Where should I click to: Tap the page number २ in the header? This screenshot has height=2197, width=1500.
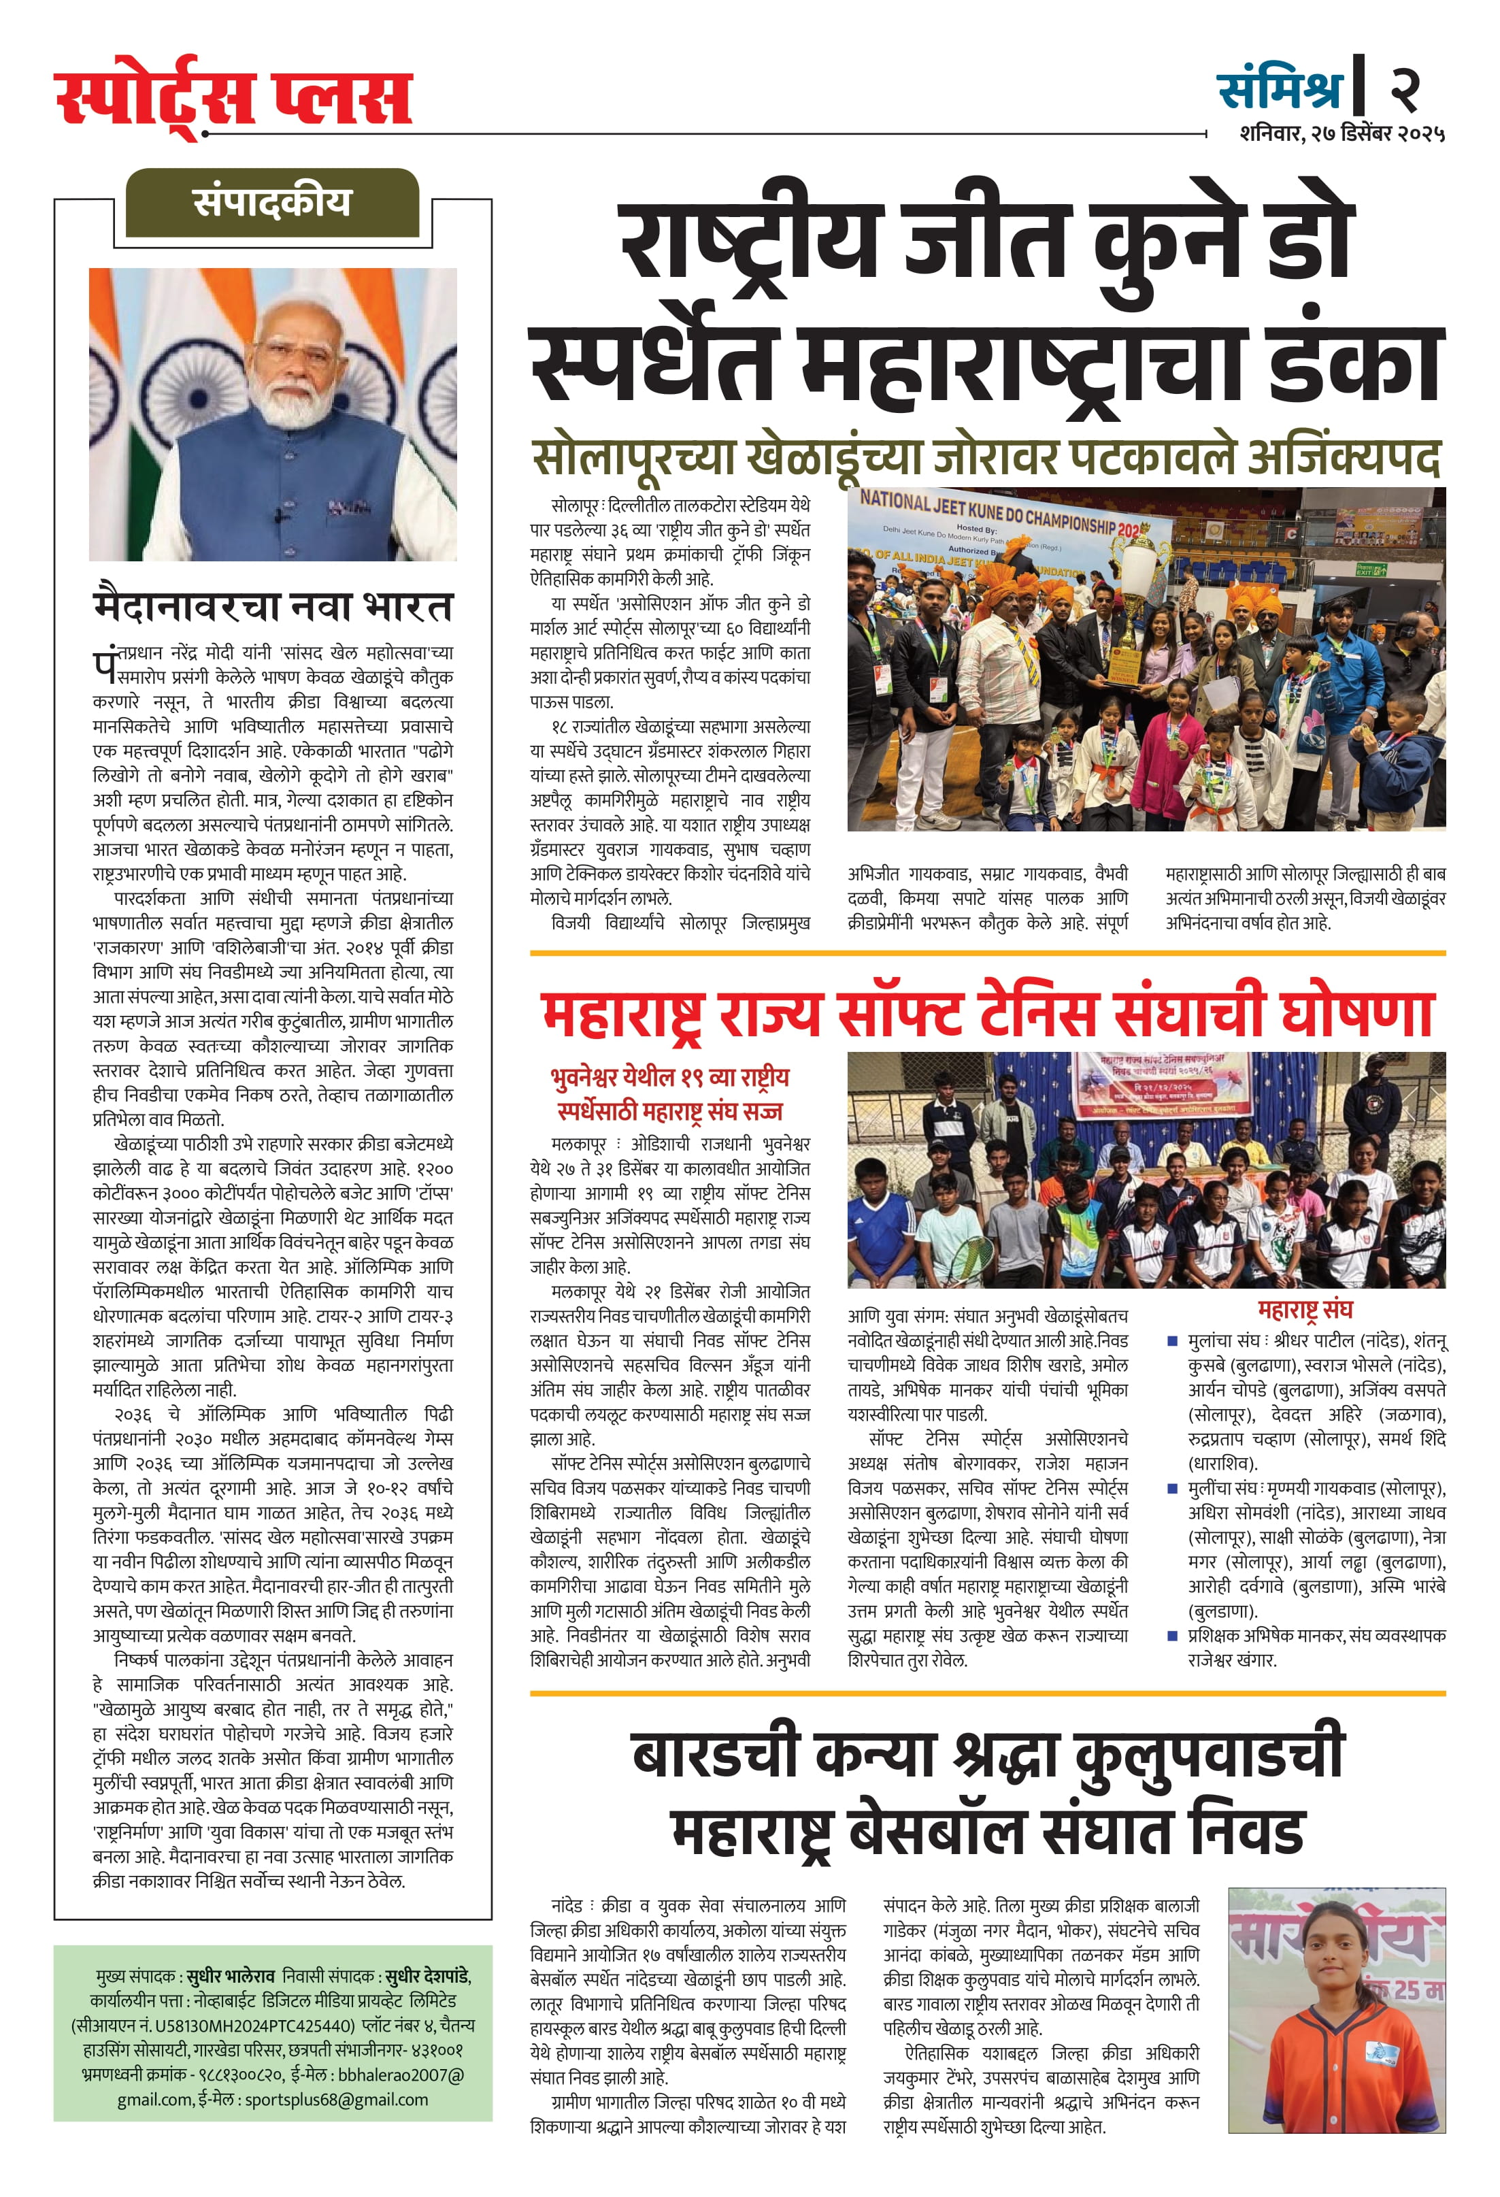[1405, 88]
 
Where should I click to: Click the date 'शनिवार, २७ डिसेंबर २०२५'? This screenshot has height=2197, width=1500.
[1342, 134]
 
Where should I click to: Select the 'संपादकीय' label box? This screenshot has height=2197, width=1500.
[272, 202]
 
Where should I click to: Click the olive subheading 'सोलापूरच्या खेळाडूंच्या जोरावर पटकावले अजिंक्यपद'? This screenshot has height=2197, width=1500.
[986, 459]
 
